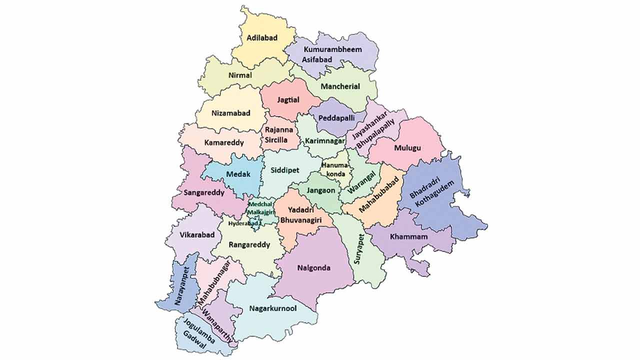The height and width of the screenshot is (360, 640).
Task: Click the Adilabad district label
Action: [262, 37]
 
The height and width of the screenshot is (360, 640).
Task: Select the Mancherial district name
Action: [340, 86]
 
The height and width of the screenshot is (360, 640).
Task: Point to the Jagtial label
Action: [288, 100]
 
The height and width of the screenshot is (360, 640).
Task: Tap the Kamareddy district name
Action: [224, 142]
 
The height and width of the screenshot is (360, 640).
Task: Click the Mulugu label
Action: [407, 148]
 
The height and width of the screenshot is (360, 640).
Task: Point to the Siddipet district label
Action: [285, 170]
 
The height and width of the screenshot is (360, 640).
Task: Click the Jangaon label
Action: [321, 190]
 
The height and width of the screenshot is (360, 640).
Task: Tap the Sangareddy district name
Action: [204, 192]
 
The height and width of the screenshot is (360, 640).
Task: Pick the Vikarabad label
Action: [197, 234]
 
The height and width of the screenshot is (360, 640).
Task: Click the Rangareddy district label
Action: [249, 245]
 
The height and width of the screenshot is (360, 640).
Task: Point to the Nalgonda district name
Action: [313, 268]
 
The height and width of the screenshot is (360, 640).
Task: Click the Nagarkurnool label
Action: [272, 308]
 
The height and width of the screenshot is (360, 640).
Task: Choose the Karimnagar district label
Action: [325, 141]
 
